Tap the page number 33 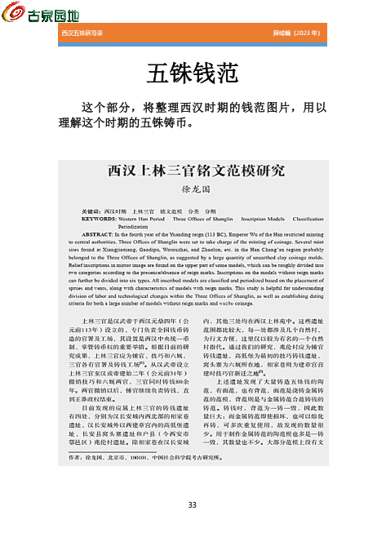193,505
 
